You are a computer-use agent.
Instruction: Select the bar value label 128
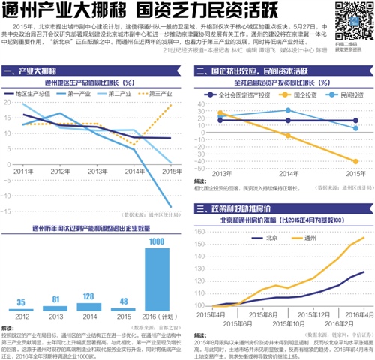pyautogui.click(x=87, y=296)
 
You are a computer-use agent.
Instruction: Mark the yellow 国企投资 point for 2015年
pyautogui.click(x=355, y=161)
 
